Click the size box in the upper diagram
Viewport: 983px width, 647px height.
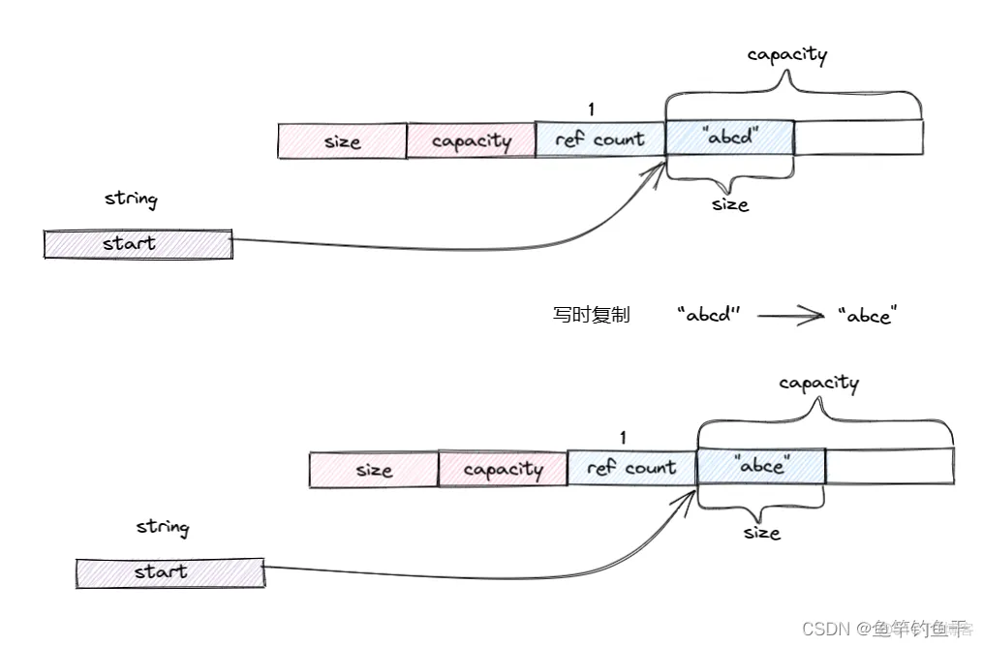pyautogui.click(x=342, y=141)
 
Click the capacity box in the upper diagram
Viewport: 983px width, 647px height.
pyautogui.click(x=471, y=141)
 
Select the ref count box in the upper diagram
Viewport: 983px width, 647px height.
pyautogui.click(x=600, y=140)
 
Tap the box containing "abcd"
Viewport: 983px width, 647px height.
pyautogui.click(x=730, y=138)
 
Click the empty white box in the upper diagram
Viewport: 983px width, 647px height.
pyautogui.click(x=858, y=138)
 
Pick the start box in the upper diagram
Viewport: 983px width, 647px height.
pyautogui.click(x=138, y=244)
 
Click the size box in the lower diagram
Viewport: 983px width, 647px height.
pyautogui.click(x=374, y=470)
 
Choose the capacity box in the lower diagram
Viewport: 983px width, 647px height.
pyautogui.click(x=503, y=470)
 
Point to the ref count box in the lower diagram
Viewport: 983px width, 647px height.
pyautogui.click(x=631, y=469)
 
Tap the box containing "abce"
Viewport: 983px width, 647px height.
pyautogui.click(x=761, y=466)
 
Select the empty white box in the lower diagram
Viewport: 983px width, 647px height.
pyautogui.click(x=889, y=466)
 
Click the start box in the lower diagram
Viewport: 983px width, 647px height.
pyautogui.click(x=170, y=572)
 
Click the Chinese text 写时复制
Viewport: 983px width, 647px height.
pyautogui.click(x=592, y=315)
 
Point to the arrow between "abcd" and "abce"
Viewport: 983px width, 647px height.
pyautogui.click(x=790, y=316)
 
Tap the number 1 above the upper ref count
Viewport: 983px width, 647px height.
pyautogui.click(x=592, y=109)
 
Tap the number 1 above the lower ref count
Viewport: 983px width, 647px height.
pyautogui.click(x=623, y=438)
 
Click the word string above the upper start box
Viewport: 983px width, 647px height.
pyautogui.click(x=131, y=200)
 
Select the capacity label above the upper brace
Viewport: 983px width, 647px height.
pyautogui.click(x=787, y=55)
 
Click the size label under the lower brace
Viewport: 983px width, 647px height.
pyautogui.click(x=762, y=533)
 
